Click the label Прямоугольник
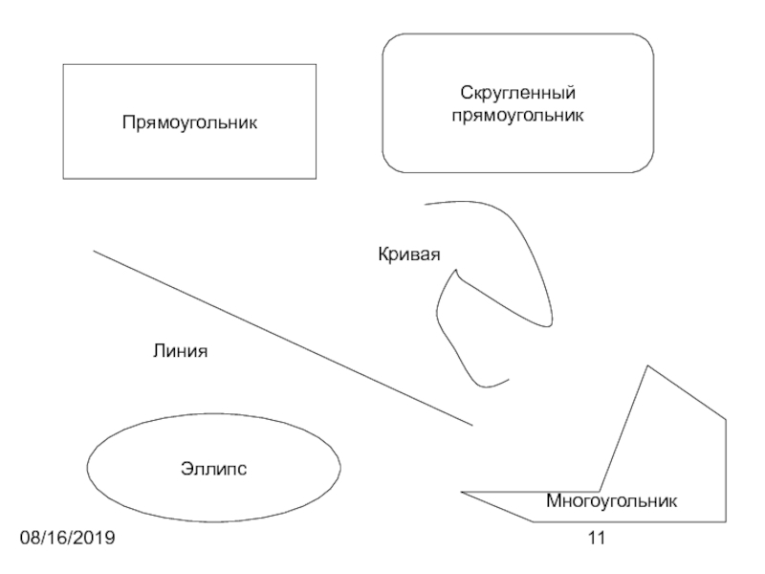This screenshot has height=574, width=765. pyautogui.click(x=189, y=122)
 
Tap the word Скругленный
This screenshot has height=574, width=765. pyautogui.click(x=517, y=94)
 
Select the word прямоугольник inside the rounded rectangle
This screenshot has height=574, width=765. pyautogui.click(x=517, y=115)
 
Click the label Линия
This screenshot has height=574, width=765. pyautogui.click(x=180, y=351)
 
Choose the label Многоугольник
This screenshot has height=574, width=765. pyautogui.click(x=612, y=500)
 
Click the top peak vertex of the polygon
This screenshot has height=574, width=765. pyautogui.click(x=648, y=365)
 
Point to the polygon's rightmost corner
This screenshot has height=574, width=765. pyautogui.click(x=726, y=418)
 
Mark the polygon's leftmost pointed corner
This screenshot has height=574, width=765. pyautogui.click(x=461, y=493)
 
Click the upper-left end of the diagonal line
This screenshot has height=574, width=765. pyautogui.click(x=93, y=251)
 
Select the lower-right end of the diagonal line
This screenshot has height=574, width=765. pyautogui.click(x=472, y=425)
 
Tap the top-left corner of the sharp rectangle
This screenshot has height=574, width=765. pyautogui.click(x=63, y=65)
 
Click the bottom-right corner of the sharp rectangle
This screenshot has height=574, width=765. pyautogui.click(x=316, y=179)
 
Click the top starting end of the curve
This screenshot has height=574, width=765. pyautogui.click(x=426, y=204)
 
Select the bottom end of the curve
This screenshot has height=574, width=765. pyautogui.click(x=508, y=379)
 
